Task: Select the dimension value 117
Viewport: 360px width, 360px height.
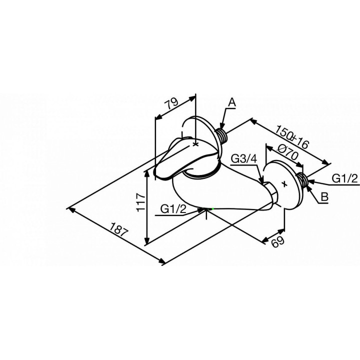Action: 140,202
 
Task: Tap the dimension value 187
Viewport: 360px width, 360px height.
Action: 118,230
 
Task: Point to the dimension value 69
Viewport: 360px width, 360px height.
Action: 277,242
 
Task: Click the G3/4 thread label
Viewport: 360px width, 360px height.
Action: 243,159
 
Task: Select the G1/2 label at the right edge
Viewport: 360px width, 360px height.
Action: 345,178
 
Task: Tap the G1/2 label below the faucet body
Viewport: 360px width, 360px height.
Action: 173,209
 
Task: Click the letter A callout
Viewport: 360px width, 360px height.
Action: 232,102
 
